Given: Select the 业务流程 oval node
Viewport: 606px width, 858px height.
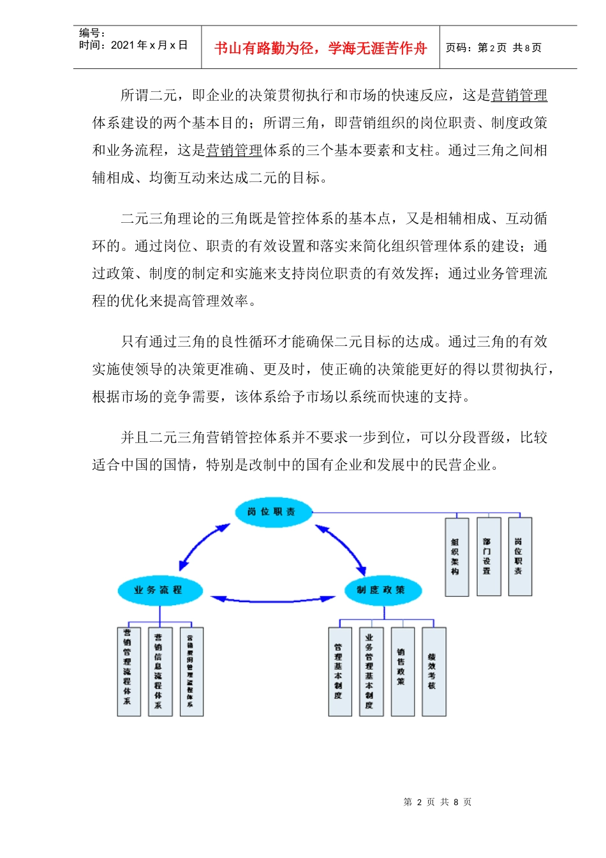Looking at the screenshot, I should pos(159,590).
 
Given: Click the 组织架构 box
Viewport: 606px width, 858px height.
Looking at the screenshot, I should pos(456,557).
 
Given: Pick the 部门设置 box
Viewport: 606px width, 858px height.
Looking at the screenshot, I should pos(488,557).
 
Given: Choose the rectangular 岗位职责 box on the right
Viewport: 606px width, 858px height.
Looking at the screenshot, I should pos(519,557).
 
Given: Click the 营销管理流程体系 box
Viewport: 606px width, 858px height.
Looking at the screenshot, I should pos(128,671).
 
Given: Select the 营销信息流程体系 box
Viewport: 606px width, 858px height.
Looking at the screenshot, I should pos(159,671).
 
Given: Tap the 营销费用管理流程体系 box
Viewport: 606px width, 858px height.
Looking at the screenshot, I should pos(191,671).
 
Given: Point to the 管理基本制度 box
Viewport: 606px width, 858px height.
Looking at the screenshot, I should pos(339,671).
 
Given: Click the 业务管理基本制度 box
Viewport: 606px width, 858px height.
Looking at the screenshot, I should pos(371,671).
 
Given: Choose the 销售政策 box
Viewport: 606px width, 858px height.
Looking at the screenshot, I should pos(402,671).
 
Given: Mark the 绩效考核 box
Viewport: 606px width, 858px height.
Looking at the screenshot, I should pos(433,671).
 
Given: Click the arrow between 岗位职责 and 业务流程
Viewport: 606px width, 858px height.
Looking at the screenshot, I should pos(203,546).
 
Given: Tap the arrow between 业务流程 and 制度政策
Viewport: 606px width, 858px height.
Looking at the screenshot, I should pos(272,599).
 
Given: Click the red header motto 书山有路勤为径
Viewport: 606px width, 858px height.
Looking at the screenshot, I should pos(320,48).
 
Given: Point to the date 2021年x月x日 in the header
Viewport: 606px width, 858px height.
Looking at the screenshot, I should pos(149,45).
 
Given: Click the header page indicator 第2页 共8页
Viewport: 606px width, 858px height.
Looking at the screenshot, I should pos(494,48).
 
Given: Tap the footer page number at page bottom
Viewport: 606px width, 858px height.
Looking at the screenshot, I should pos(438,802).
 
